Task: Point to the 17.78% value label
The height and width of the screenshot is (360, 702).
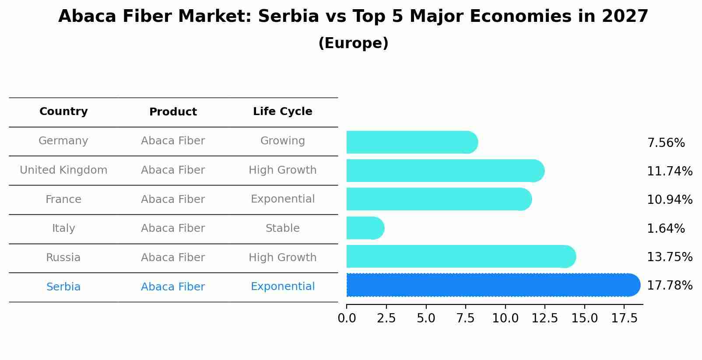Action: tap(670, 286)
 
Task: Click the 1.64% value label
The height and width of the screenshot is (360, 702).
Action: tap(666, 228)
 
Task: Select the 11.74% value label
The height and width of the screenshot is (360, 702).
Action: tap(670, 171)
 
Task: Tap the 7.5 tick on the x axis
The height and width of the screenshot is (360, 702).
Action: tap(466, 318)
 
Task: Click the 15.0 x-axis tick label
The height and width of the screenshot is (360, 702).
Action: tap(584, 318)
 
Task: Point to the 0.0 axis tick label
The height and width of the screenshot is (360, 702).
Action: tap(347, 318)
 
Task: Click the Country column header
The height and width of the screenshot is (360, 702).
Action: tap(63, 112)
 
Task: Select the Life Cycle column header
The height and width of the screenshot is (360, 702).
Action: tap(282, 112)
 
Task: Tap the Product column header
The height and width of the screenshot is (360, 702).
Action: tap(173, 112)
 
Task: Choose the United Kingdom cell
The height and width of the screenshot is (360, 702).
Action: tap(63, 170)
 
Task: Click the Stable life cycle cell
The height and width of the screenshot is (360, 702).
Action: tap(282, 228)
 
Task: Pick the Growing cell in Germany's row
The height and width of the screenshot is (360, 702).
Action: tap(282, 141)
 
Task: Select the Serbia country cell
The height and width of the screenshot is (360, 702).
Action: tap(63, 287)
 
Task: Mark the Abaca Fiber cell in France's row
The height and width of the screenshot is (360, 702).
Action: tap(173, 199)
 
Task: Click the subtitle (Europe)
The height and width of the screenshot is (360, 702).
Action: tap(353, 43)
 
